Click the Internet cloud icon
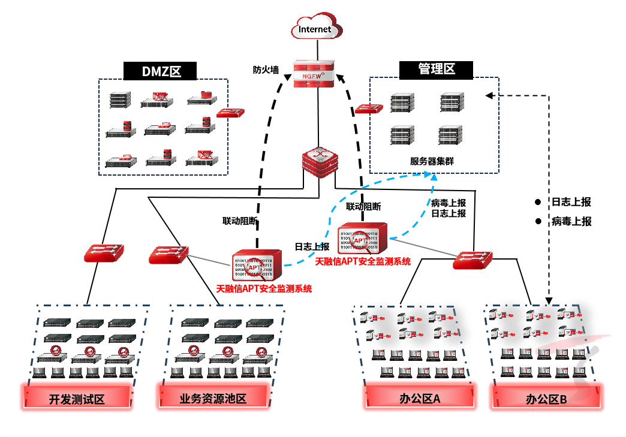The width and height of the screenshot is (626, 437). pos(315,28)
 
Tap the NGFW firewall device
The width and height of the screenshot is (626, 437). pos(314,74)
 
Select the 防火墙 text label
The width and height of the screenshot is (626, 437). pos(266,70)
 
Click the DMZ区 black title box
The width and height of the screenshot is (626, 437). pos(161,71)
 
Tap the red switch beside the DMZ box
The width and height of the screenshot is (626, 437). pos(230,113)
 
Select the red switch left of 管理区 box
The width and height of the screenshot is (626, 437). pos(369,109)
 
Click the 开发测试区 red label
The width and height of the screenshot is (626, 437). pos(77,399)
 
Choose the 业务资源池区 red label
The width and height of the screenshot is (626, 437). pos(213,399)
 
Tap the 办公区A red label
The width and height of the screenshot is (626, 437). pos(420,398)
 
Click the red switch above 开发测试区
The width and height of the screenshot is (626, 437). pos(103,252)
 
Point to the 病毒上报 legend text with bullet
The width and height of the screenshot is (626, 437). pos(564,221)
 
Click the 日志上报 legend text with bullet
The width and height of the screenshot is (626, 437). pos(564,202)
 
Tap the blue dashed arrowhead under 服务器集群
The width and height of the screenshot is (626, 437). pos(429,174)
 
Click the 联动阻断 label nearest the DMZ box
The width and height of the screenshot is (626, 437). pos(240,221)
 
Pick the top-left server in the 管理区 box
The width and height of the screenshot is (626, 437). pos(402,103)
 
